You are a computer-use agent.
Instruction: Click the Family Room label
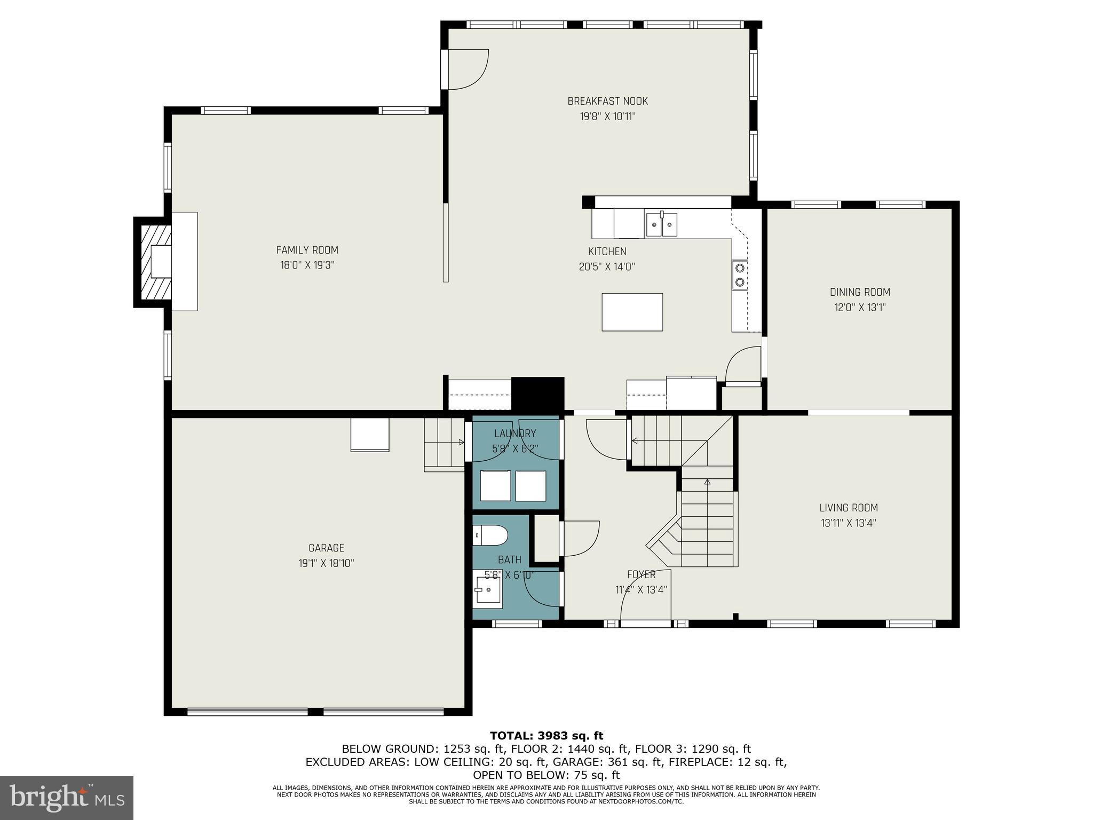coord(307,250)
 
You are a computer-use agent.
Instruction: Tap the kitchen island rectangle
coord(632,312)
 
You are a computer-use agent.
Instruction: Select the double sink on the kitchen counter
coord(661,224)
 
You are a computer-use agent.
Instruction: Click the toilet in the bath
coord(490,535)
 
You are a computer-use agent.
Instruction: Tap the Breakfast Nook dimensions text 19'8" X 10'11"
coord(607,116)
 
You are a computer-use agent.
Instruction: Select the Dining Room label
coord(859,292)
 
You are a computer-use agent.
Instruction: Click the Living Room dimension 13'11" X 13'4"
coord(848,523)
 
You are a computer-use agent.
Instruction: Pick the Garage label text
coord(326,548)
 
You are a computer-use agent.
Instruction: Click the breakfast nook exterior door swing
coord(468,69)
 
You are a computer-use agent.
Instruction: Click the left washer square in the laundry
coord(495,485)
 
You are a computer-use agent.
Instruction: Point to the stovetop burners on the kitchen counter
coord(740,274)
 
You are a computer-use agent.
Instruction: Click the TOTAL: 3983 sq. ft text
coord(546,736)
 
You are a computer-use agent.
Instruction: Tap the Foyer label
coord(641,574)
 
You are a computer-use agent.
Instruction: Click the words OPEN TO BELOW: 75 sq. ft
coord(546,775)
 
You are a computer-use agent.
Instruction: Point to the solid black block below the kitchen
coord(537,393)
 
